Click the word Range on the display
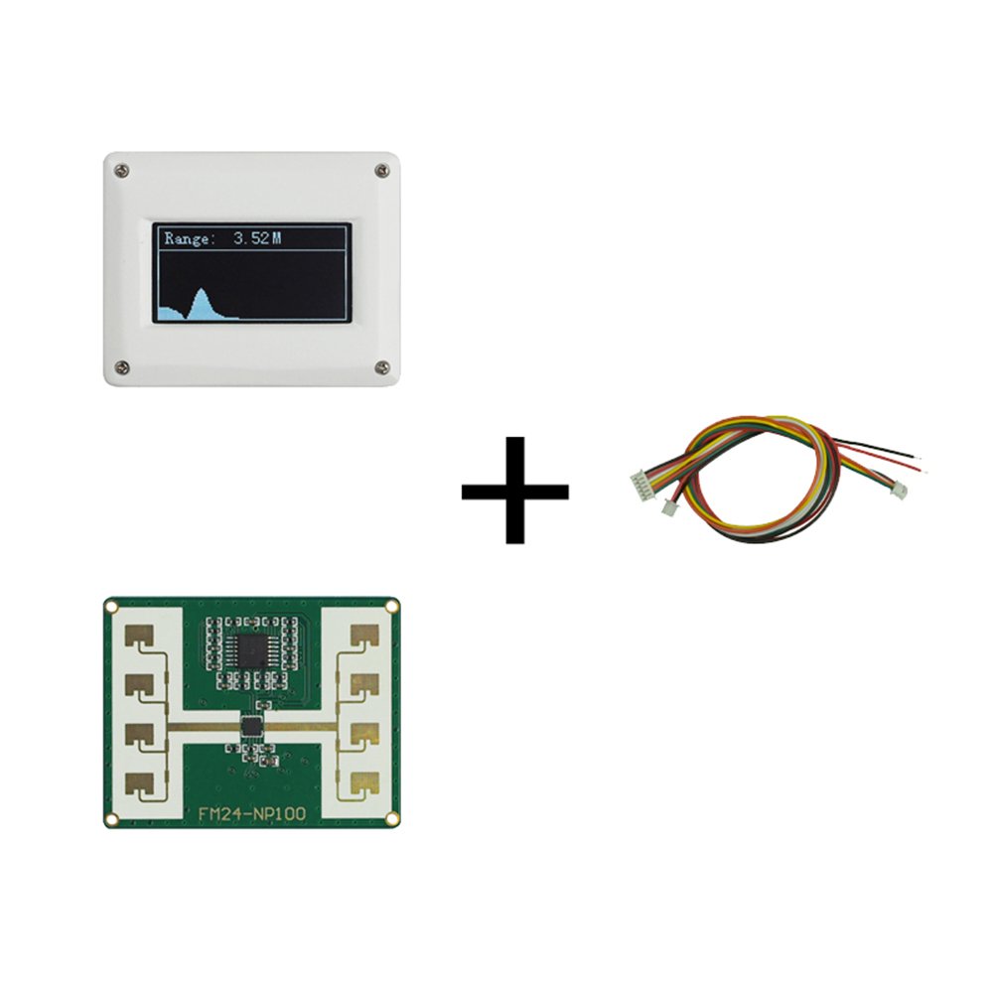(x=188, y=238)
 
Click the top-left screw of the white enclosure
(x=121, y=171)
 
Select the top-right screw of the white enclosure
(x=382, y=171)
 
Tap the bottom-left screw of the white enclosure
(x=121, y=367)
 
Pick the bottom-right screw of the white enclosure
(x=382, y=367)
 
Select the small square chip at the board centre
(x=252, y=726)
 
